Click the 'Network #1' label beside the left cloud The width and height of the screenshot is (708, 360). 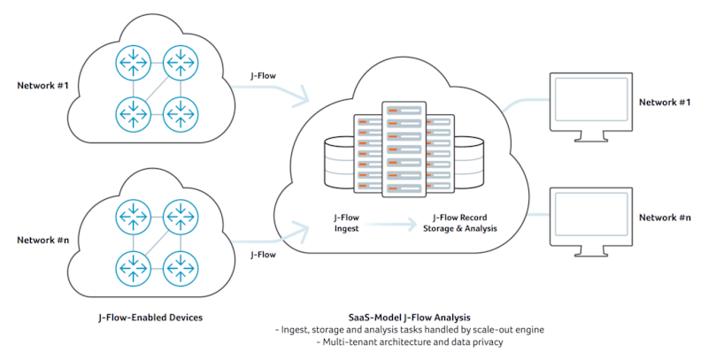(42, 86)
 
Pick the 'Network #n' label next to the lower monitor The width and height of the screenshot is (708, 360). (665, 218)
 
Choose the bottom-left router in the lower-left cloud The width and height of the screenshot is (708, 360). (131, 265)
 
